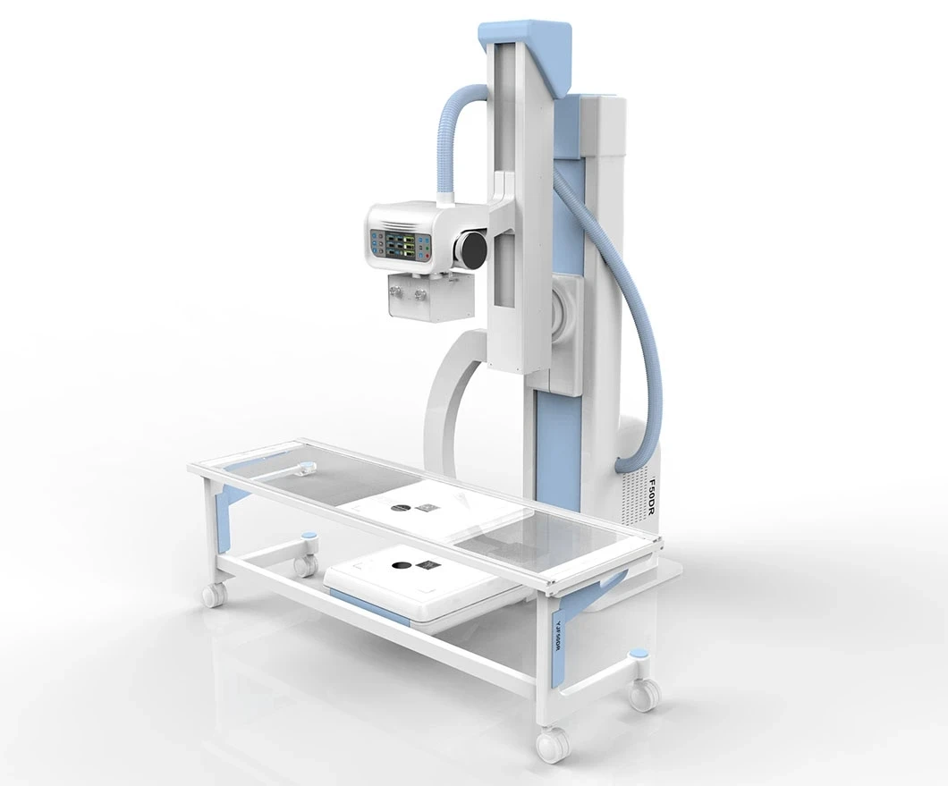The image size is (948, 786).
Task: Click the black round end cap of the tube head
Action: (472, 248)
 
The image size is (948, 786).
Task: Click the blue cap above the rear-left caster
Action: (309, 537)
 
